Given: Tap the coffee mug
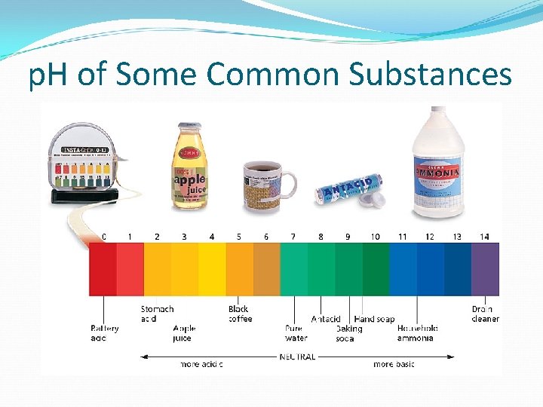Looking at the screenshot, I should point(266,188).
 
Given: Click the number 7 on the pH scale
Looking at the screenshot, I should point(293,237).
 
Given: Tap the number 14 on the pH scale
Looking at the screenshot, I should point(484,237).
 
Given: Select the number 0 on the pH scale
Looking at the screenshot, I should point(104,237).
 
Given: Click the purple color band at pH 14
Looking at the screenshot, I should point(485,269).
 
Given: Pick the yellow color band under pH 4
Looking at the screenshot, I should point(212,269).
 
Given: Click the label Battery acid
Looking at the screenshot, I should point(104,333).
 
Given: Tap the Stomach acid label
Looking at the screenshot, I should point(157,314).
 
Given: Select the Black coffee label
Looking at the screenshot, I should point(239,314).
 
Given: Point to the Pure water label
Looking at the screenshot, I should point(296,333).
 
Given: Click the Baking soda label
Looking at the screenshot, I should point(348,334).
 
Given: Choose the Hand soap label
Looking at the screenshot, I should point(374,320).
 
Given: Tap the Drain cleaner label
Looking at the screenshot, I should point(485,314).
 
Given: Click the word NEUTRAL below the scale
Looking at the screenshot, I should point(297,357).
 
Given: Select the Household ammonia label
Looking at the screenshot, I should point(417,333).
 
